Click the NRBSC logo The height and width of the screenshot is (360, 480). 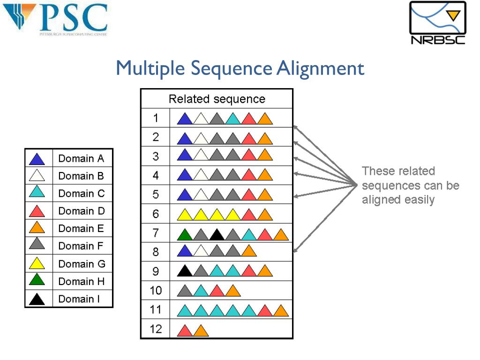(x=438, y=23)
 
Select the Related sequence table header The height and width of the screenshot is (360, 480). (x=217, y=99)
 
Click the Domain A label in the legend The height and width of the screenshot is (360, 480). (x=81, y=158)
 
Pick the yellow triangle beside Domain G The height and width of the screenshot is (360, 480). (x=37, y=264)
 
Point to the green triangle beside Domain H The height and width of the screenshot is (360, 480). (x=37, y=281)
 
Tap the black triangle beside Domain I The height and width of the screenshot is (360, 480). (x=37, y=299)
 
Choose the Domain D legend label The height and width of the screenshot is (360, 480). (x=82, y=211)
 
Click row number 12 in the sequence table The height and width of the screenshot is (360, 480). (x=156, y=329)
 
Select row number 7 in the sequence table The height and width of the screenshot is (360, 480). (x=156, y=233)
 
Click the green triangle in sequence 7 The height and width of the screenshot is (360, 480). (x=185, y=234)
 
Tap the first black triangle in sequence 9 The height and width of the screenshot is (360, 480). (x=185, y=272)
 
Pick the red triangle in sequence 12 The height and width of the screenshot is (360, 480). (x=185, y=331)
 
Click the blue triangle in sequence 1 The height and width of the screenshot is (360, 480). (x=185, y=120)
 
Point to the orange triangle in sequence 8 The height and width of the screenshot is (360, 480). (x=248, y=252)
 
